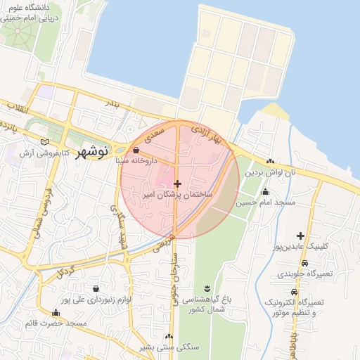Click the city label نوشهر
click(x=92, y=150)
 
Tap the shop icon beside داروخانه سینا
click(x=135, y=150)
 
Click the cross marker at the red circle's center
click(x=177, y=183)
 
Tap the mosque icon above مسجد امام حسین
click(x=265, y=192)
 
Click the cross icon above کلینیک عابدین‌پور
click(x=301, y=236)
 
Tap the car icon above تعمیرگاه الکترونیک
click(x=293, y=292)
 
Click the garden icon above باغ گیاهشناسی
click(x=206, y=288)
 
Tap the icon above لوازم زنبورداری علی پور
click(x=95, y=288)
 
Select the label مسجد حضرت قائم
click(x=56, y=323)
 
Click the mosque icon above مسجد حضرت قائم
click(x=56, y=313)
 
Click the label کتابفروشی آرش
click(x=46, y=153)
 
